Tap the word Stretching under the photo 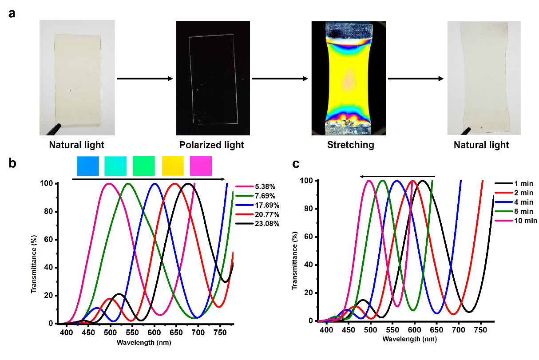tap(350, 145)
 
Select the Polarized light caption tap(212, 145)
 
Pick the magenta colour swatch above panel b tap(201, 166)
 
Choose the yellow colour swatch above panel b tap(173, 166)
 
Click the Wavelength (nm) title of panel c tap(407, 339)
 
